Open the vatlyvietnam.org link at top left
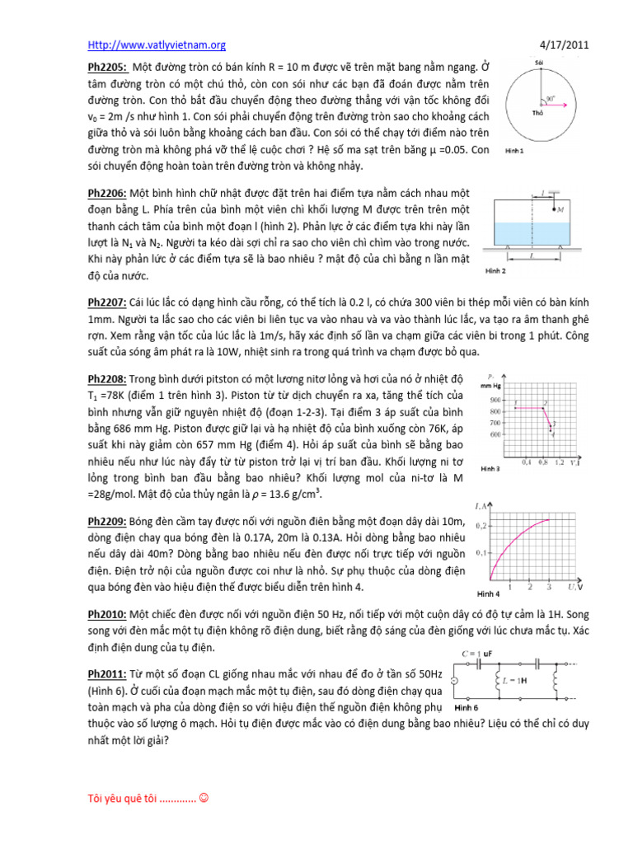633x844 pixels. (157, 45)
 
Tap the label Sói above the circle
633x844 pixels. (539, 61)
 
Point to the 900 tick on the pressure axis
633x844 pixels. (495, 399)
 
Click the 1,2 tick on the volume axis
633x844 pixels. (560, 462)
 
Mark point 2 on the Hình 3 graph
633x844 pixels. (545, 404)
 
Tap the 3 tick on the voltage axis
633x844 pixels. (550, 587)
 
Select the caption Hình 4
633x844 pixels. (489, 593)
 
